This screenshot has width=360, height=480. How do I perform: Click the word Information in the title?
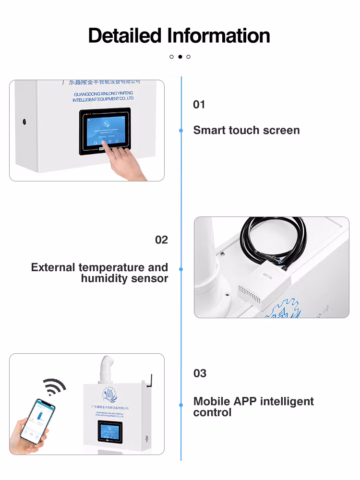[218, 36]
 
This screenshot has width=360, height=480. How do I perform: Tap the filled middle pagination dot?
[180, 57]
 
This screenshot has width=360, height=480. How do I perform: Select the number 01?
[199, 105]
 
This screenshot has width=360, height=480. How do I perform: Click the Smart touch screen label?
[246, 130]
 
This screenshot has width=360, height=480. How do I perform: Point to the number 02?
[161, 240]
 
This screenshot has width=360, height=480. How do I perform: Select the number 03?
[200, 373]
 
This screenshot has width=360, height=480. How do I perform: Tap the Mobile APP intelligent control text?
[253, 407]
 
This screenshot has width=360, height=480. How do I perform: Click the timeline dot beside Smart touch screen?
[181, 130]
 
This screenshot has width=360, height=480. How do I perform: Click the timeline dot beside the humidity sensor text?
[181, 269]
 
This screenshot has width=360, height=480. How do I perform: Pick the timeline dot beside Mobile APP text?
[181, 405]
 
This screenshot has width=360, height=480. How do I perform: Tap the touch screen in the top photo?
[105, 131]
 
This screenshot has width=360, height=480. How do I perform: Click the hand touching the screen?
[127, 163]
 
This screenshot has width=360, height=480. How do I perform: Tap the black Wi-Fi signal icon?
[53, 386]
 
